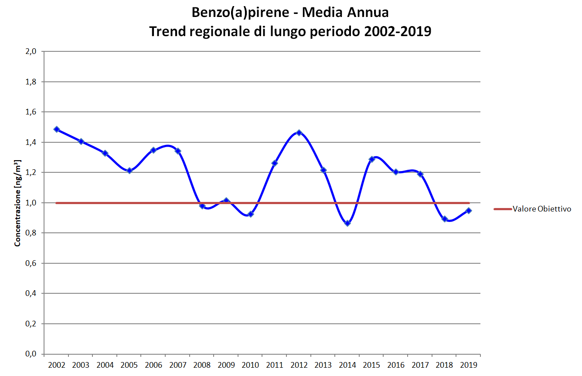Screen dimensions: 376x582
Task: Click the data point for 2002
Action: click(57, 129)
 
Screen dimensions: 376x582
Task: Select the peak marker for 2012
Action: click(299, 132)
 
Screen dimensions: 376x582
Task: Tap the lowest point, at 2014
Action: click(347, 223)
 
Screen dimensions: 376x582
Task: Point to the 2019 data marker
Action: click(469, 211)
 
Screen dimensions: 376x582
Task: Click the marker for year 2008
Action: click(202, 205)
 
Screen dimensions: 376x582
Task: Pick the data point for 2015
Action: click(372, 159)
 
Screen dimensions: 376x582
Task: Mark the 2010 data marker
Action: click(251, 214)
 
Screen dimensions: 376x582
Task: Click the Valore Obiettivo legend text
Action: click(541, 209)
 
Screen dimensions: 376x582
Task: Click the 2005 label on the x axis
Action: click(129, 365)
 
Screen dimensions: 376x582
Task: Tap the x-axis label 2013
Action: click(323, 365)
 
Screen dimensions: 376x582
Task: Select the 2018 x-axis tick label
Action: click(444, 365)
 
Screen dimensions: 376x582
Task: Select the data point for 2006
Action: click(153, 150)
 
